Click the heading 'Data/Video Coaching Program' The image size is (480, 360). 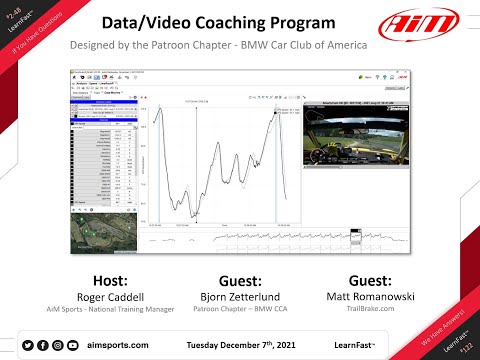[239, 22]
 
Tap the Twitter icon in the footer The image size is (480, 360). [27, 345]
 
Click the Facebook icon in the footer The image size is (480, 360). [42, 345]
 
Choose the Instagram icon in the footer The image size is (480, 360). [57, 345]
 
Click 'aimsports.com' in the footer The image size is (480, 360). [118, 345]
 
